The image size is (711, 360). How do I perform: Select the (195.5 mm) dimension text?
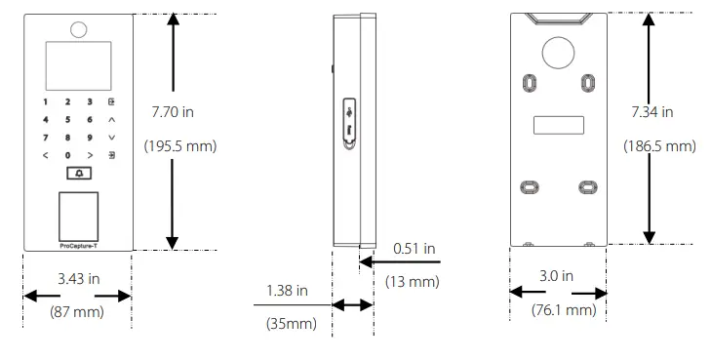180,146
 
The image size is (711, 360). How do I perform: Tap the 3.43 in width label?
79,279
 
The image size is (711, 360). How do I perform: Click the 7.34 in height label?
652,112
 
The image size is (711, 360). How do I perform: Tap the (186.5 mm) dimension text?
659,146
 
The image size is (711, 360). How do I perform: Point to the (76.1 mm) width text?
562,310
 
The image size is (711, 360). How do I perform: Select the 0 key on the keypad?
67,155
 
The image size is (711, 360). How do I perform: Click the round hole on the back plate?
559,53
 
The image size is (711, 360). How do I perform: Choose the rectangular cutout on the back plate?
559,126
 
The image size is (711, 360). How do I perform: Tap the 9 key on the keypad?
89,138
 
